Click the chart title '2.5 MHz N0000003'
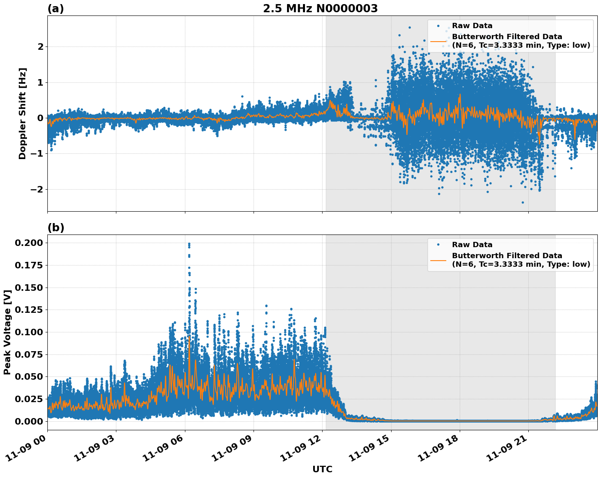(x=320, y=9)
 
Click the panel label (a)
(x=56, y=9)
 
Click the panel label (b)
(x=56, y=228)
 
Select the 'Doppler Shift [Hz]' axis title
(x=22, y=113)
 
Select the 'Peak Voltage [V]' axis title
(x=7, y=332)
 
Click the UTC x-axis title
(x=322, y=469)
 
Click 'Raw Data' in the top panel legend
(x=472, y=26)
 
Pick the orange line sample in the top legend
(x=438, y=41)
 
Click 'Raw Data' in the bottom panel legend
(x=472, y=245)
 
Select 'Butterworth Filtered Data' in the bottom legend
(x=507, y=256)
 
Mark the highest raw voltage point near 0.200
(x=189, y=243)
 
